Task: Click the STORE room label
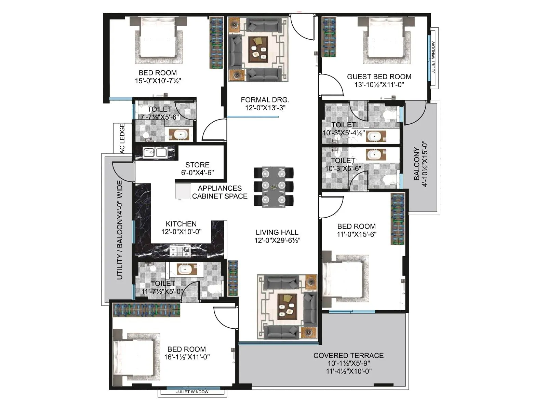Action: (197, 165)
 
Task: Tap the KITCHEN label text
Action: (181, 224)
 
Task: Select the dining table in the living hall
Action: (273, 187)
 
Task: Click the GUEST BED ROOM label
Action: (379, 77)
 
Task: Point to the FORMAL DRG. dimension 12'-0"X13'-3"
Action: (265, 108)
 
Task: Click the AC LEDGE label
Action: (122, 138)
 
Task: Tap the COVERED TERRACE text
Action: (348, 356)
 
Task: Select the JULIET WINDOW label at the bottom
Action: (192, 392)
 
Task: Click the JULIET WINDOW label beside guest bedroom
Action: (433, 57)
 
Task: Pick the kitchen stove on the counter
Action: (180, 251)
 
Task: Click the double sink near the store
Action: (155, 152)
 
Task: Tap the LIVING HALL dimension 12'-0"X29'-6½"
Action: (277, 241)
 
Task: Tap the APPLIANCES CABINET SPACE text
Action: (219, 192)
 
